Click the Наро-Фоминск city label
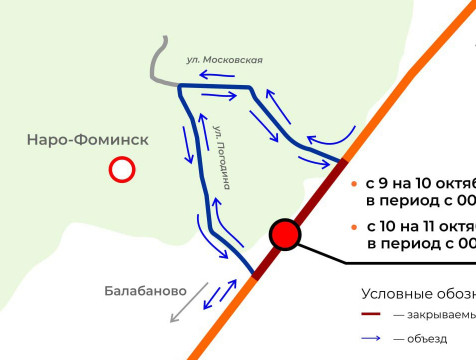(88, 140)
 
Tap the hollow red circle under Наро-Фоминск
(122, 171)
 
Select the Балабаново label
(145, 292)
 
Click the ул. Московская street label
(224, 60)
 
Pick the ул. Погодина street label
(223, 155)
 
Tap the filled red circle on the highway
(286, 235)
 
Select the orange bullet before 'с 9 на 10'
(354, 184)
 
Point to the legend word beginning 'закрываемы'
(441, 315)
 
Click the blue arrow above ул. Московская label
(218, 74)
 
